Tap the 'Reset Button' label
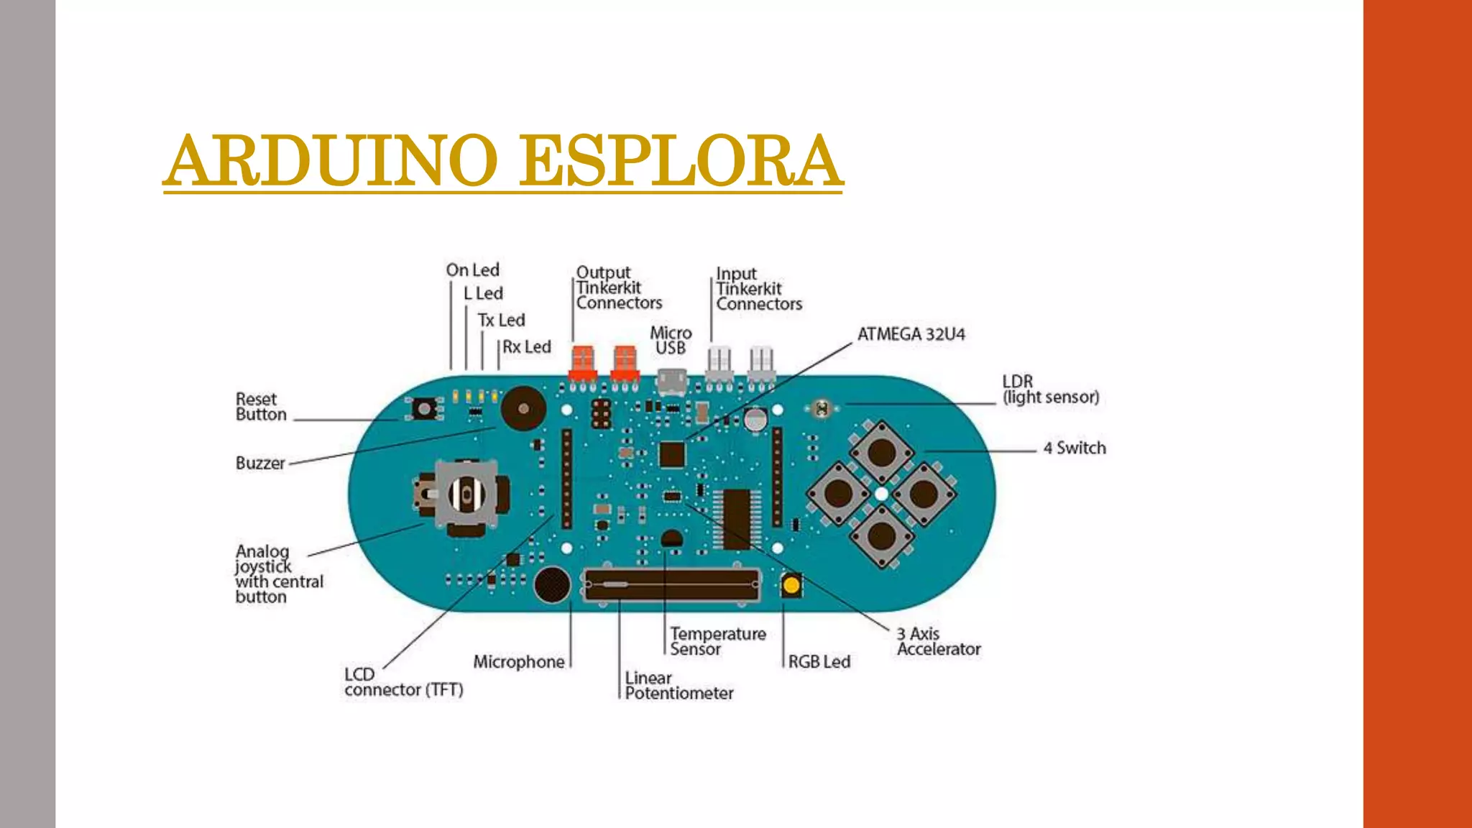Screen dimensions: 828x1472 point(260,407)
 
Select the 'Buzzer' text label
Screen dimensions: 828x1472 point(260,463)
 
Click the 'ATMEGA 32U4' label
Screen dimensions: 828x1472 point(911,334)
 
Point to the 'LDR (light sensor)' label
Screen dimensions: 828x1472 point(1050,390)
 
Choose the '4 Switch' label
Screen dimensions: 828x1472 point(1075,448)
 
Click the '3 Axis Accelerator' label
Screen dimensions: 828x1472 point(938,641)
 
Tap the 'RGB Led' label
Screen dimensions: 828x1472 point(819,661)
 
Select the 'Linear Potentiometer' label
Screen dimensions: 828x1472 point(678,686)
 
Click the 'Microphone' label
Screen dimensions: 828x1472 point(518,661)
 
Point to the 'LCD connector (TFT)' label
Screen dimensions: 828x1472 point(403,682)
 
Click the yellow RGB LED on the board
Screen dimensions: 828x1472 point(791,585)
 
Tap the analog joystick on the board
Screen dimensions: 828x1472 point(466,494)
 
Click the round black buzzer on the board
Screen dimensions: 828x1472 point(523,408)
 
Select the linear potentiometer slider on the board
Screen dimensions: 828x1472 point(671,585)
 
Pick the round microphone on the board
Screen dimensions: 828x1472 point(552,584)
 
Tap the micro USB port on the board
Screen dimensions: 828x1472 point(672,381)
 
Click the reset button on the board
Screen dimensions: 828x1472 point(424,409)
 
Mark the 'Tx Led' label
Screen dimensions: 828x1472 point(501,320)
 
